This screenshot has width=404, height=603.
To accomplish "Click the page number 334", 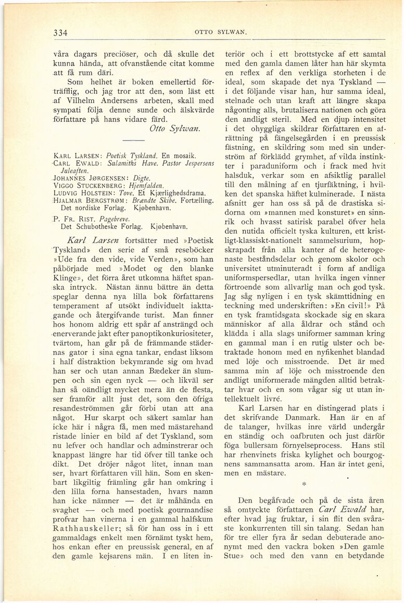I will (61, 32).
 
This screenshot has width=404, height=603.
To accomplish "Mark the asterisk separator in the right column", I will (304, 483).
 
